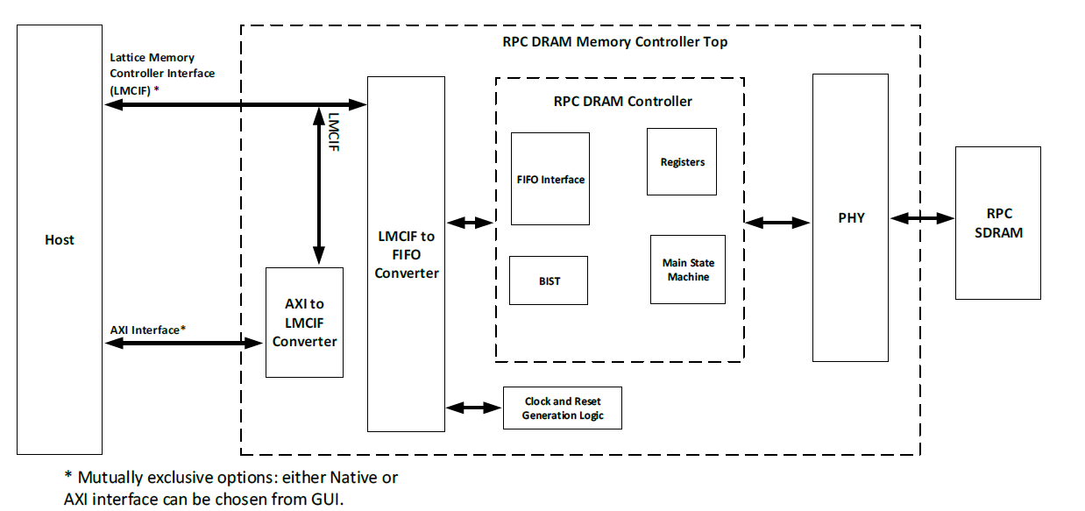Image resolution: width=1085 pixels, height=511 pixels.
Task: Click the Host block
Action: (x=60, y=239)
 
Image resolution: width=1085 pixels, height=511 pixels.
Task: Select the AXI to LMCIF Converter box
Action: (x=304, y=323)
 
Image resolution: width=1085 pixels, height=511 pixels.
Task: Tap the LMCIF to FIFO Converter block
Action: (x=406, y=254)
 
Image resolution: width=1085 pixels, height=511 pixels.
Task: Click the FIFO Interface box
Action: (x=550, y=179)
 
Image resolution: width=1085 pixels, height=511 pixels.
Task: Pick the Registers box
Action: (x=682, y=162)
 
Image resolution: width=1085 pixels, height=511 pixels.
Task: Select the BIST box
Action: (x=549, y=280)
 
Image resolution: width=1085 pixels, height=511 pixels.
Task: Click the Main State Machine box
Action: (x=688, y=270)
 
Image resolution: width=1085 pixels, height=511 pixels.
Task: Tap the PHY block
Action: (x=850, y=217)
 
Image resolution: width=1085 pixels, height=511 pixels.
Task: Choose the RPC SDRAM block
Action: (x=998, y=224)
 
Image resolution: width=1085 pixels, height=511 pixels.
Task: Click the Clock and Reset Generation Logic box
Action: (x=563, y=408)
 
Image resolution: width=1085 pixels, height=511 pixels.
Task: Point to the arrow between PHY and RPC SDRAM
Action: (x=921, y=217)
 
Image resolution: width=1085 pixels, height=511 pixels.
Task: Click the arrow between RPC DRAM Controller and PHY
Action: (x=777, y=224)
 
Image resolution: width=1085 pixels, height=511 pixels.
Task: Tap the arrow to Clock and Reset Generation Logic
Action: (x=474, y=408)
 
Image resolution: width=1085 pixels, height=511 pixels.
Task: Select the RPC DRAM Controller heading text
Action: (x=622, y=101)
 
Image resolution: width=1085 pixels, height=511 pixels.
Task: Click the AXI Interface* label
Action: (x=148, y=330)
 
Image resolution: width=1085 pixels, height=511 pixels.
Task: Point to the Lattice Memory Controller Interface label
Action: (x=162, y=73)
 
